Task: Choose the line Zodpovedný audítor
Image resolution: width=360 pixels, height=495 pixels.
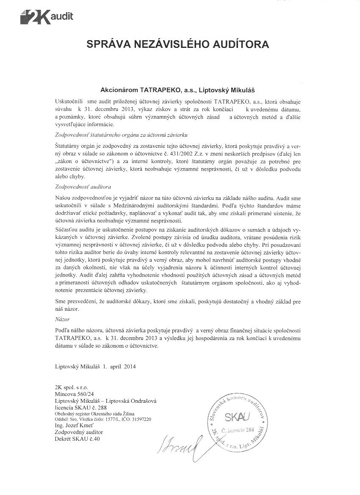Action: tap(79, 432)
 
